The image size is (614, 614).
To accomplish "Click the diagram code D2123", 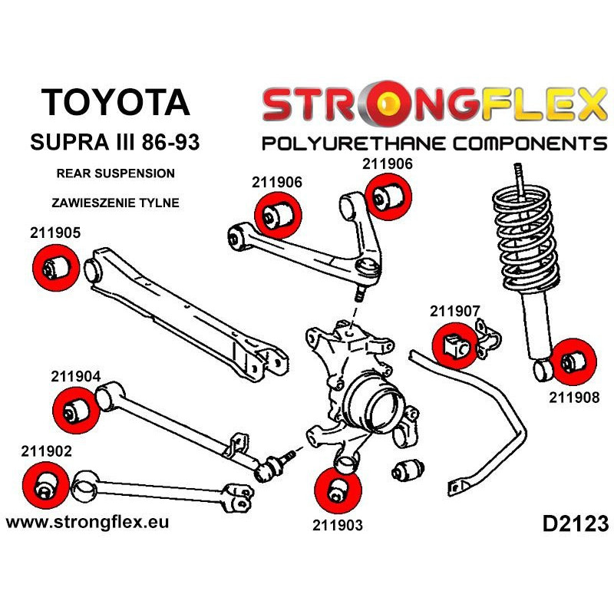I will click(x=575, y=524).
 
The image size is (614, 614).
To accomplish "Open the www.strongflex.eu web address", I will click(x=87, y=522).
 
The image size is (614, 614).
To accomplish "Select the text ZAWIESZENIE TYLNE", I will click(x=116, y=203).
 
